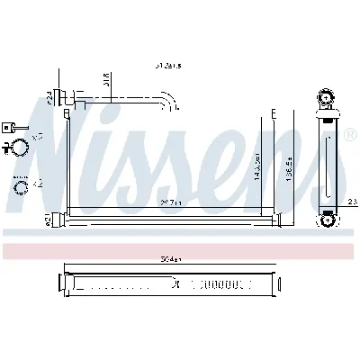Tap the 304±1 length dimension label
tap(167, 258)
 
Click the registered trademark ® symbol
tap(349, 135)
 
